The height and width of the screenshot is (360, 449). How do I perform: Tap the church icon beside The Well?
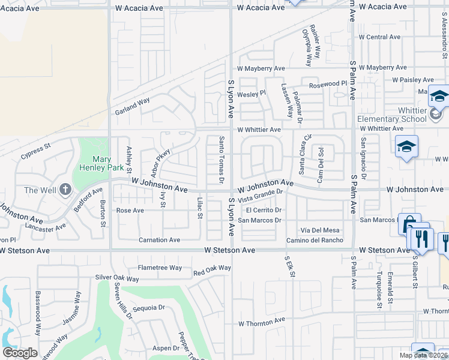pos(65,190)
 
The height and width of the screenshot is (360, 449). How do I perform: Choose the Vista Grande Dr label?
pos(260,196)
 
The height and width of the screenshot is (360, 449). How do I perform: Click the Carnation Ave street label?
pos(159,240)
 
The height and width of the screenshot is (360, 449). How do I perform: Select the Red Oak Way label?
pos(212,270)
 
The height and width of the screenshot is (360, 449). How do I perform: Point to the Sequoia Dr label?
pos(149,308)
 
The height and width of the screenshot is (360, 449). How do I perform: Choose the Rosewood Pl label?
pos(328,85)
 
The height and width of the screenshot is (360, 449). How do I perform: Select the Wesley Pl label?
pos(251,94)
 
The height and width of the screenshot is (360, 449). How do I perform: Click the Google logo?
pos(20,353)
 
